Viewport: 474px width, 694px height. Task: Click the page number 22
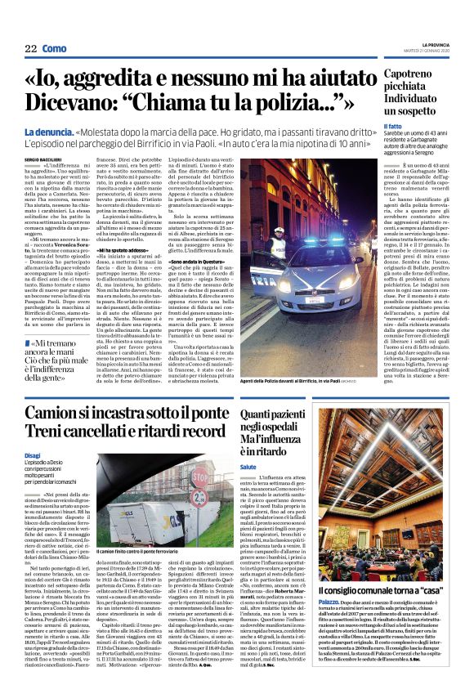[30, 49]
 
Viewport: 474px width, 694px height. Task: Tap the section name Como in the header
[55, 49]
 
